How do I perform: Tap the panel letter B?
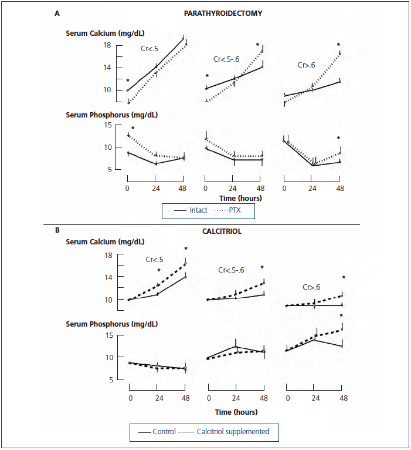click(x=57, y=230)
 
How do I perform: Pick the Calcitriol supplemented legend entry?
click(x=233, y=432)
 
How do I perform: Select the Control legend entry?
click(x=165, y=432)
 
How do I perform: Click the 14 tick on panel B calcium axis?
click(x=109, y=277)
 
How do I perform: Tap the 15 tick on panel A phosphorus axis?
click(x=108, y=125)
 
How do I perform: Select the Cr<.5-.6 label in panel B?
click(x=231, y=270)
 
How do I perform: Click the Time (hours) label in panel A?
click(x=240, y=198)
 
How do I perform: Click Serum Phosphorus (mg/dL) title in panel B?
click(x=111, y=324)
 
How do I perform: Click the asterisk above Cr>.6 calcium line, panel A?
click(x=338, y=45)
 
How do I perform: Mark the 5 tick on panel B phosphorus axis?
click(x=111, y=380)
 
